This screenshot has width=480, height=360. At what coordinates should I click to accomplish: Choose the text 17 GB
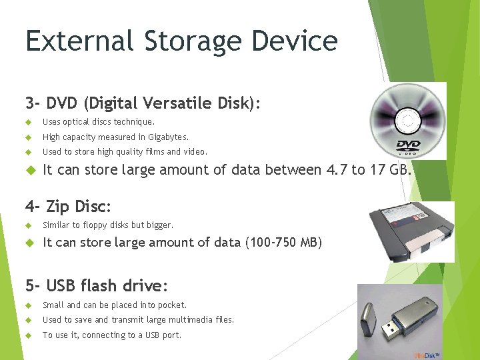(x=390, y=169)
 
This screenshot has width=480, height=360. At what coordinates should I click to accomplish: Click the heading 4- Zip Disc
(x=69, y=206)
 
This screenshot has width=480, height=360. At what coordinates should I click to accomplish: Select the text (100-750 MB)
(x=284, y=243)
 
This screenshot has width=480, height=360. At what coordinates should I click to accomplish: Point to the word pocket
(x=173, y=305)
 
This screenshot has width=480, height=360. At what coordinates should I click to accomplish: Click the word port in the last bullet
(x=173, y=335)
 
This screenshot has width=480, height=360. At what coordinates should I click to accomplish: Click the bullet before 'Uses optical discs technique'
(x=29, y=122)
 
